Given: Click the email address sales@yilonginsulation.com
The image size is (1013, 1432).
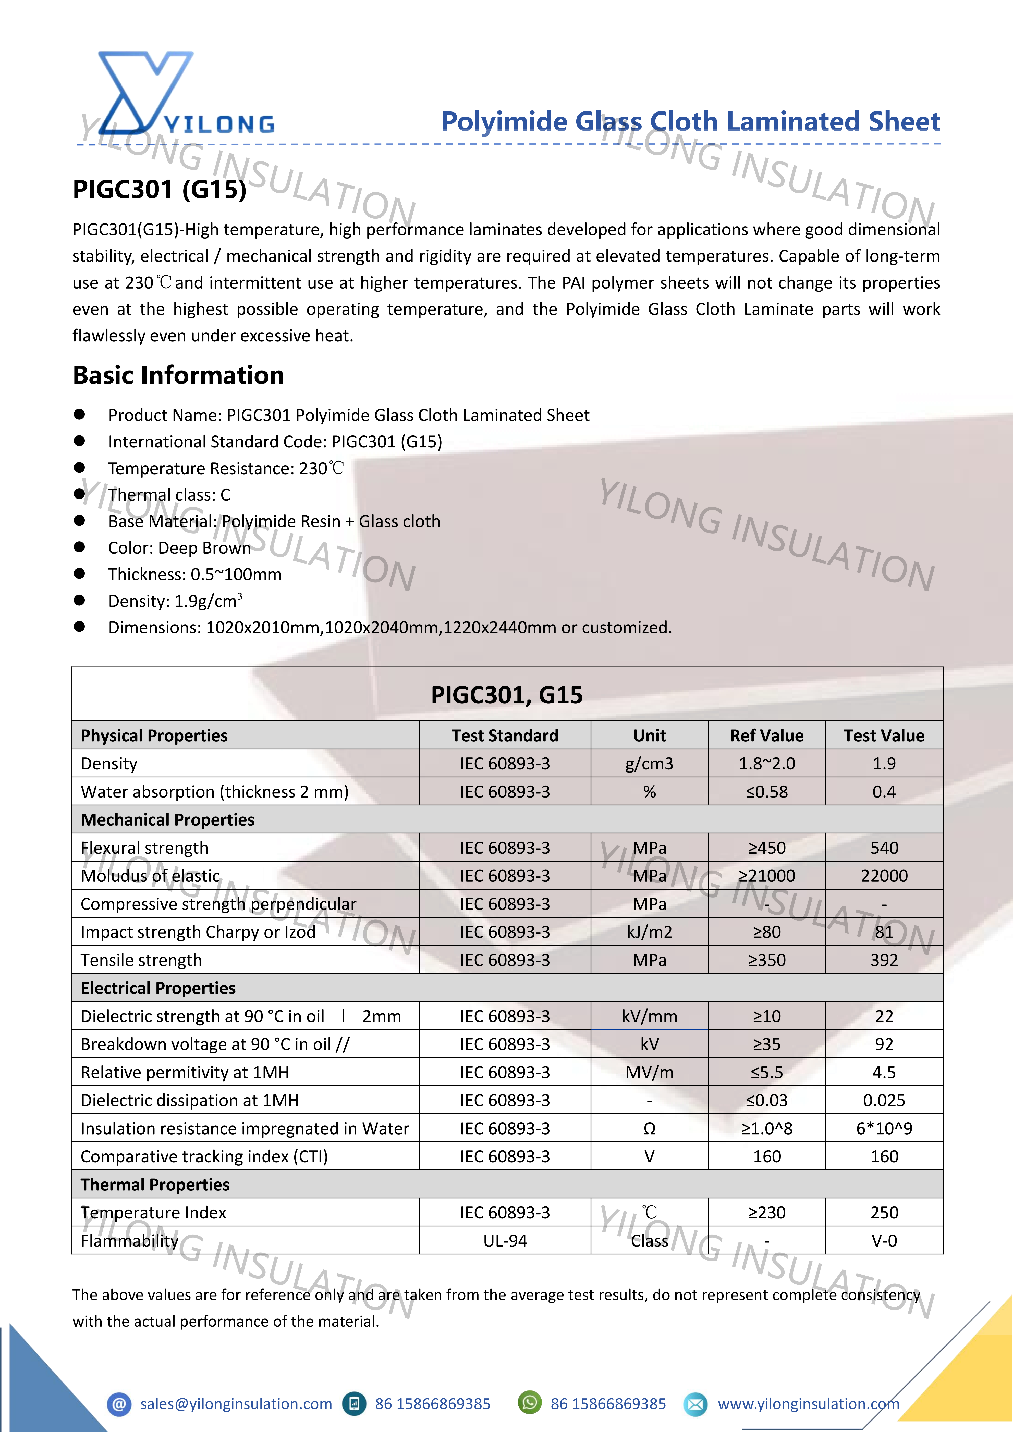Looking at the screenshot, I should (236, 1404).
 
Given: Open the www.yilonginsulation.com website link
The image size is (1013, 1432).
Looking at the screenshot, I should (808, 1404).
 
